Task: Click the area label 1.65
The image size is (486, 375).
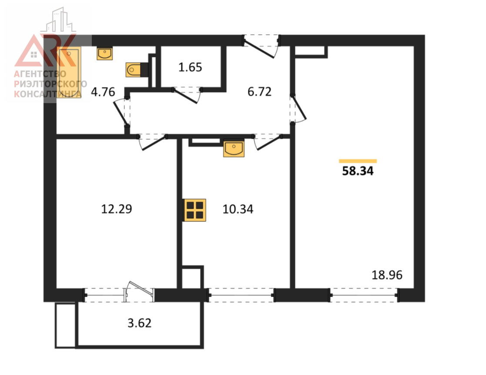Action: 190,67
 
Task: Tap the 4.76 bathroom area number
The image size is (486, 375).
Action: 103,92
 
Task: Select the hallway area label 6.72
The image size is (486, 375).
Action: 259,92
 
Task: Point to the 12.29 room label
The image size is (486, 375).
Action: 117,209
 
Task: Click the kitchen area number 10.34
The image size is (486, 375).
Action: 238,209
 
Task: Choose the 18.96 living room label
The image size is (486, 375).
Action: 387,275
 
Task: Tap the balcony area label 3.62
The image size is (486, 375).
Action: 140,323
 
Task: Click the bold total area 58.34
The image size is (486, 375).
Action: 358,171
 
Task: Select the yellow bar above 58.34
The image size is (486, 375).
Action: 358,161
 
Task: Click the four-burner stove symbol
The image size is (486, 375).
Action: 195,210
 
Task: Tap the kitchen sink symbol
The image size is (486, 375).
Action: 234,148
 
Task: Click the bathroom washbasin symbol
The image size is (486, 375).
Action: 104,54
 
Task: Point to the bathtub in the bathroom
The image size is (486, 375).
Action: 69,72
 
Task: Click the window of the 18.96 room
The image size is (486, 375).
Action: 364,295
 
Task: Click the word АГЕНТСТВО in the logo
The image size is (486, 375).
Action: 40,74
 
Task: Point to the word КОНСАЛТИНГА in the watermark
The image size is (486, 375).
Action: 48,94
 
